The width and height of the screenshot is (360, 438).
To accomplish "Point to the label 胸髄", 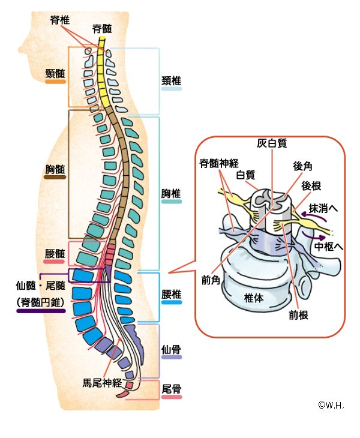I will (x=55, y=169).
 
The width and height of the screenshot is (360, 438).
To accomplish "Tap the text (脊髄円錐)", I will (x=41, y=303).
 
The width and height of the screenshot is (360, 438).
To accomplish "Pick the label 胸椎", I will (x=172, y=194).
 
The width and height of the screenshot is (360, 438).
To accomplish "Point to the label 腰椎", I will (x=172, y=295).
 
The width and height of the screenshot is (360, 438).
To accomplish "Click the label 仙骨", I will (x=172, y=349).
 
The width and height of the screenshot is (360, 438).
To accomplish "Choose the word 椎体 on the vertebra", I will (x=254, y=297).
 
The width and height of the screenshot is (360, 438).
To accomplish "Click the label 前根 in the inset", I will (x=298, y=314).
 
